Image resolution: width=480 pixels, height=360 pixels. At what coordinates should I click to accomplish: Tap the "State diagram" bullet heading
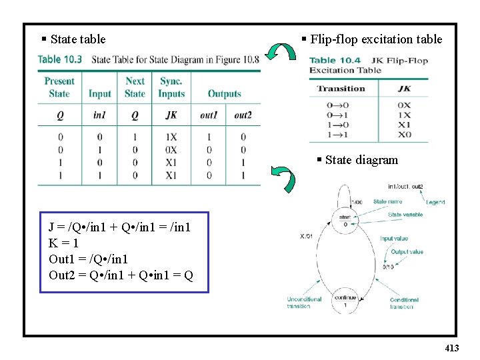(361, 160)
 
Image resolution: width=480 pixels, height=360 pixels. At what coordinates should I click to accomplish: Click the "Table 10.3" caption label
(60, 59)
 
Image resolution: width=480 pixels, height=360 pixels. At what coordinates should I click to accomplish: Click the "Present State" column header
(59, 87)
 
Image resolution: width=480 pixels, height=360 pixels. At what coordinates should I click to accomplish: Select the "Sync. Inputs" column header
(171, 87)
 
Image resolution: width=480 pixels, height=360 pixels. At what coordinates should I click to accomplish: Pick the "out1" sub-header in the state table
(209, 115)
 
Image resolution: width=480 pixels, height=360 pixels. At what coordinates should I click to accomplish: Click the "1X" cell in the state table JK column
(171, 138)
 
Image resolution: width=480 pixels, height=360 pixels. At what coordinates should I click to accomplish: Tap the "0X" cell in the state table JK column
(171, 150)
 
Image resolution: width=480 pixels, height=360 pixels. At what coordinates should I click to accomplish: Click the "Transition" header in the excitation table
(341, 89)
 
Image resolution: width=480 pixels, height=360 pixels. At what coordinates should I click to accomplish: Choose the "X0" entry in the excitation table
(404, 135)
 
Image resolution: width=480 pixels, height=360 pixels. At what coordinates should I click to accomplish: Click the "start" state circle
(345, 221)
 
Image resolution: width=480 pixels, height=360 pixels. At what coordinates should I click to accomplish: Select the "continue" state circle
(345, 301)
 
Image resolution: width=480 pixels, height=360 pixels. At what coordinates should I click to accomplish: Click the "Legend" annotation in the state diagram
(435, 202)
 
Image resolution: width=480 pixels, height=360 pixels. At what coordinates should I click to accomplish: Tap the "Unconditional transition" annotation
(304, 303)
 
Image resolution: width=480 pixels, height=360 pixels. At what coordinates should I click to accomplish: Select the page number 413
(451, 348)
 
